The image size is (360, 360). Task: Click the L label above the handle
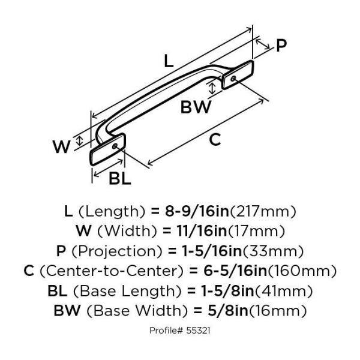169,61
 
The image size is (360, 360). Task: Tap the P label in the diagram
281,46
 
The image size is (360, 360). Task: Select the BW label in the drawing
196,107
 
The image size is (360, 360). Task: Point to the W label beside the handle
61,147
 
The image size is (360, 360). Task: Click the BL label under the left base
119,179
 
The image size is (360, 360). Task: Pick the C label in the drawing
215,139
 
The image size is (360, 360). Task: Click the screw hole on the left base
115,146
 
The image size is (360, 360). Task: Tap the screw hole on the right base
233,79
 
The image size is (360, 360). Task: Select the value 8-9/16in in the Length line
197,211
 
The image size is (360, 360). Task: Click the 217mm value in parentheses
263,212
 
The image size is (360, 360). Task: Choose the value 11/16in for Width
202,231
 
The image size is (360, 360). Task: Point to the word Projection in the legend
117,251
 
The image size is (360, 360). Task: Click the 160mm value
302,271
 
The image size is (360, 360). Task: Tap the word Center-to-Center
112,271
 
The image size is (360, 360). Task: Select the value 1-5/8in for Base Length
228,291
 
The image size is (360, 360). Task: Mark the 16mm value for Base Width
278,311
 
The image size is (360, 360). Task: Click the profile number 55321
198,331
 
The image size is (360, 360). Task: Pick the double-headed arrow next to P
263,44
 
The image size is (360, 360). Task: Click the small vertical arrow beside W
79,140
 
